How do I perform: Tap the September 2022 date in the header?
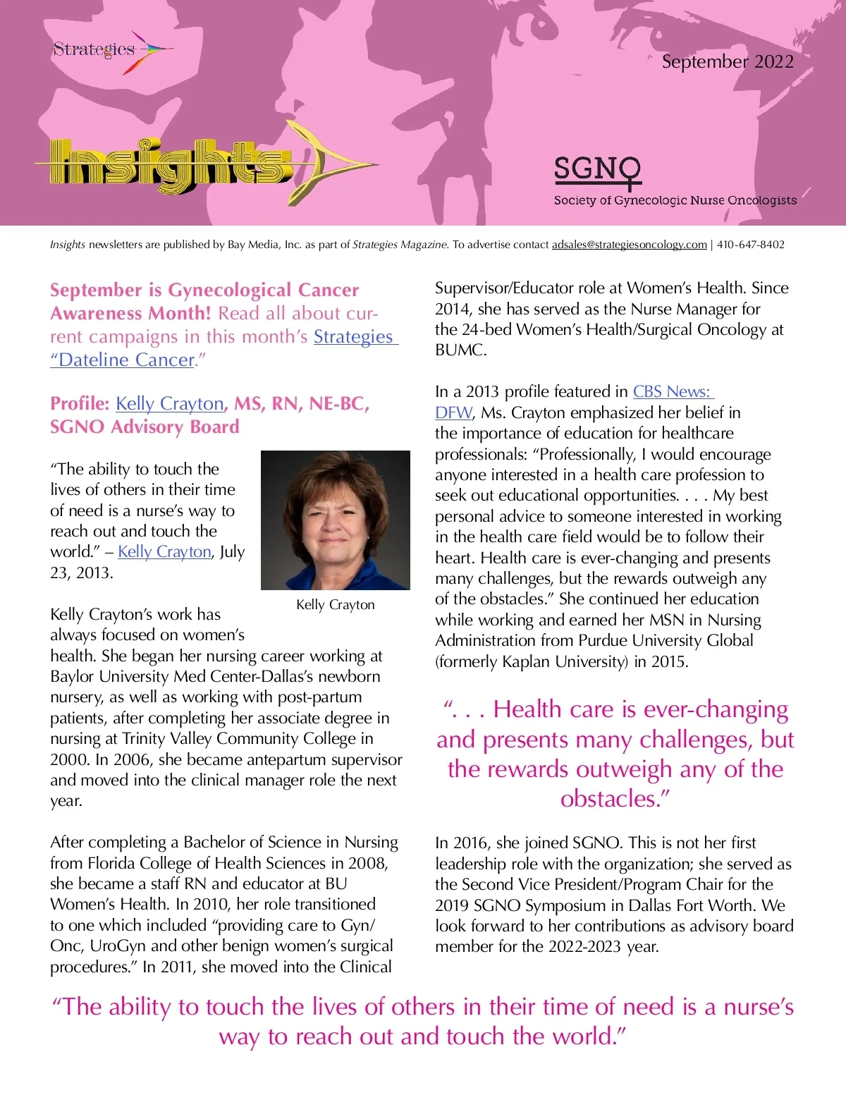tap(727, 62)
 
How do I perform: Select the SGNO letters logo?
tap(597, 170)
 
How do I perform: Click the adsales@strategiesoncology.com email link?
tap(629, 245)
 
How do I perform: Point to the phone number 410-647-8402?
tap(750, 245)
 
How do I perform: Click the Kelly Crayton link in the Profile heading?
tap(169, 404)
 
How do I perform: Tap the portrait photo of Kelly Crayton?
tap(335, 520)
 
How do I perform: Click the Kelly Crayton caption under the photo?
tap(335, 605)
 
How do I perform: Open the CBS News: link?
tap(673, 392)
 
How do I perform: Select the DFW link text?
tap(453, 412)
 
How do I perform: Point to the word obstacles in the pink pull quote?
tap(611, 800)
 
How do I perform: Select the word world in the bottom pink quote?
tap(584, 1037)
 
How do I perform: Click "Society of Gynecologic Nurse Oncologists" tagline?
tap(675, 200)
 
